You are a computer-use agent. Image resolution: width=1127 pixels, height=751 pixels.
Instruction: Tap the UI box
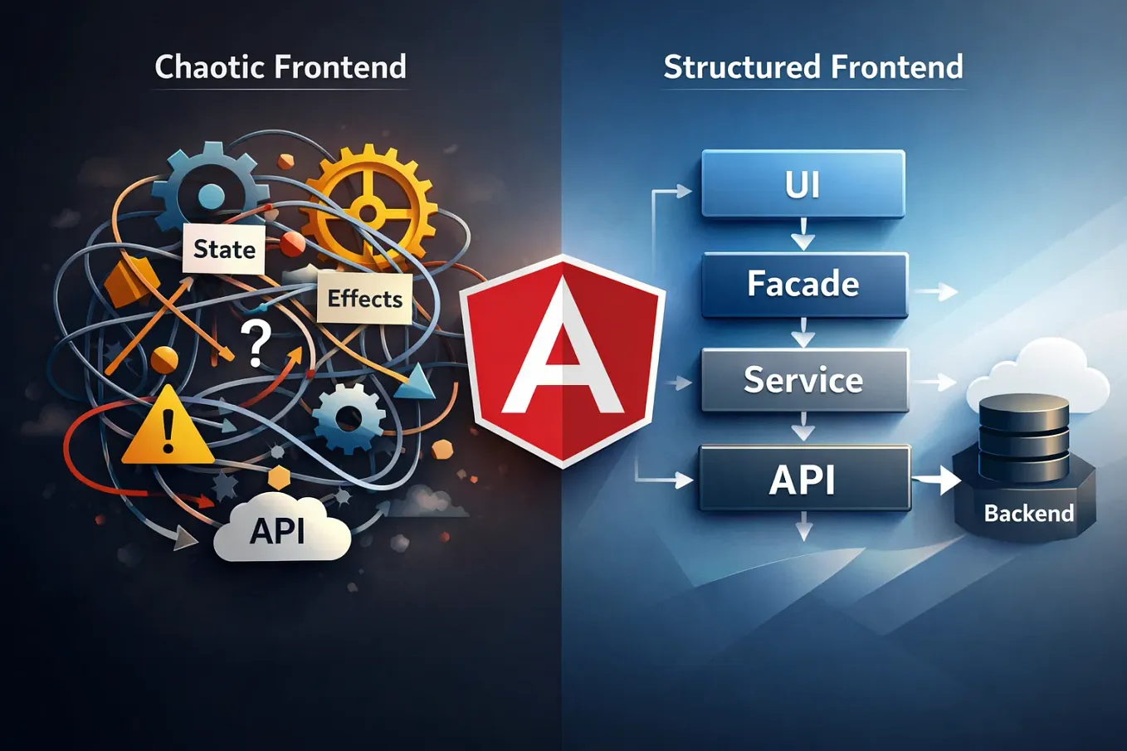point(803,183)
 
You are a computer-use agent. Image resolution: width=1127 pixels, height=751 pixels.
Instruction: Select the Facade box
point(803,285)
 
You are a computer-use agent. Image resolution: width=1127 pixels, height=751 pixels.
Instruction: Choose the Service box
point(803,380)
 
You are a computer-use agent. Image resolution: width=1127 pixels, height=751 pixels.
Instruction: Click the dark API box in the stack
point(803,479)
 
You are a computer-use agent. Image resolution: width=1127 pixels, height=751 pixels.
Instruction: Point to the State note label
point(224,249)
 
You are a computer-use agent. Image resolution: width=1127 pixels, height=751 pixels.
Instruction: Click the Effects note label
point(364,299)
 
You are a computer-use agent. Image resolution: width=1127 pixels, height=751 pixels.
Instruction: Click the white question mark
point(256,344)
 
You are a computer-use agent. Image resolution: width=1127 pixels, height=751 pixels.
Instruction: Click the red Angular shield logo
point(563,361)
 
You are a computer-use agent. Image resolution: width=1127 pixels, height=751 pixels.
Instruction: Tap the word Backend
point(1028,514)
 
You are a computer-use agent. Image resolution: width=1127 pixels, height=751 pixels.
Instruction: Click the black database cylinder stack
point(1023,437)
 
